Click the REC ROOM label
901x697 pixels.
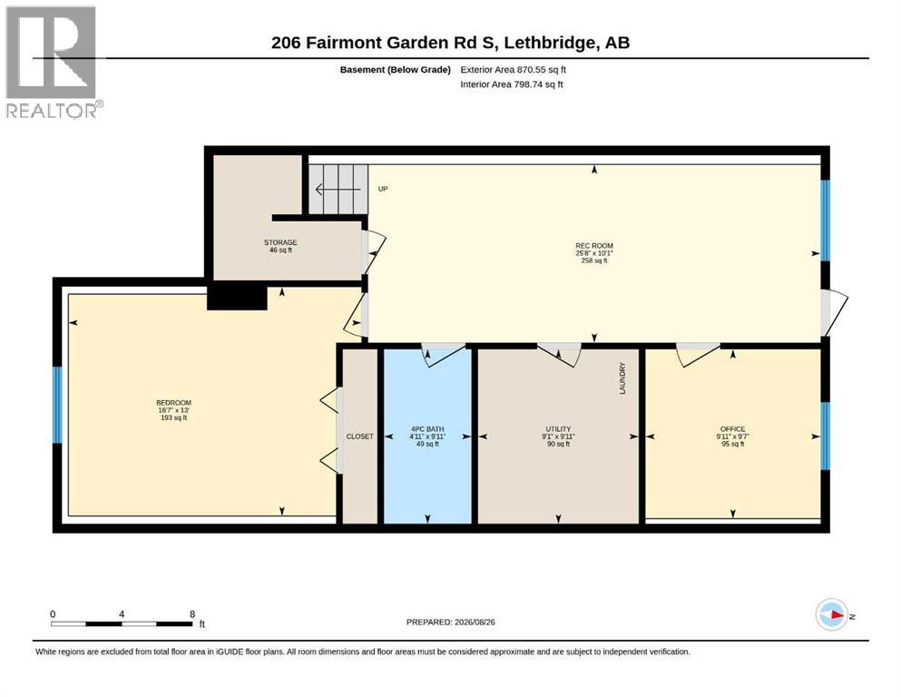click(594, 246)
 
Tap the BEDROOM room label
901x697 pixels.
click(173, 403)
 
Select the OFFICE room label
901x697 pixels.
click(732, 429)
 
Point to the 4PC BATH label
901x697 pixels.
click(427, 429)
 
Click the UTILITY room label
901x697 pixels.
click(558, 429)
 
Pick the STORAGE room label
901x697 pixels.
click(280, 242)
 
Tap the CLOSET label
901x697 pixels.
click(359, 437)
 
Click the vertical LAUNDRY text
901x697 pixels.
click(622, 378)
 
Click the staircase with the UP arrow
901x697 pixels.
click(338, 189)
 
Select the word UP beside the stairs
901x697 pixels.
click(383, 189)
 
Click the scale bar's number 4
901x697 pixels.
click(122, 614)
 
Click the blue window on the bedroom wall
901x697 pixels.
click(57, 405)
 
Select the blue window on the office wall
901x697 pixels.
click(825, 437)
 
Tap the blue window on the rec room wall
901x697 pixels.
click(825, 221)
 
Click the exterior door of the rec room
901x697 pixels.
click(834, 312)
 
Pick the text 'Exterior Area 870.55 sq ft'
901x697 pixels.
click(514, 70)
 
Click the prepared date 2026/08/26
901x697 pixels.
click(475, 622)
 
